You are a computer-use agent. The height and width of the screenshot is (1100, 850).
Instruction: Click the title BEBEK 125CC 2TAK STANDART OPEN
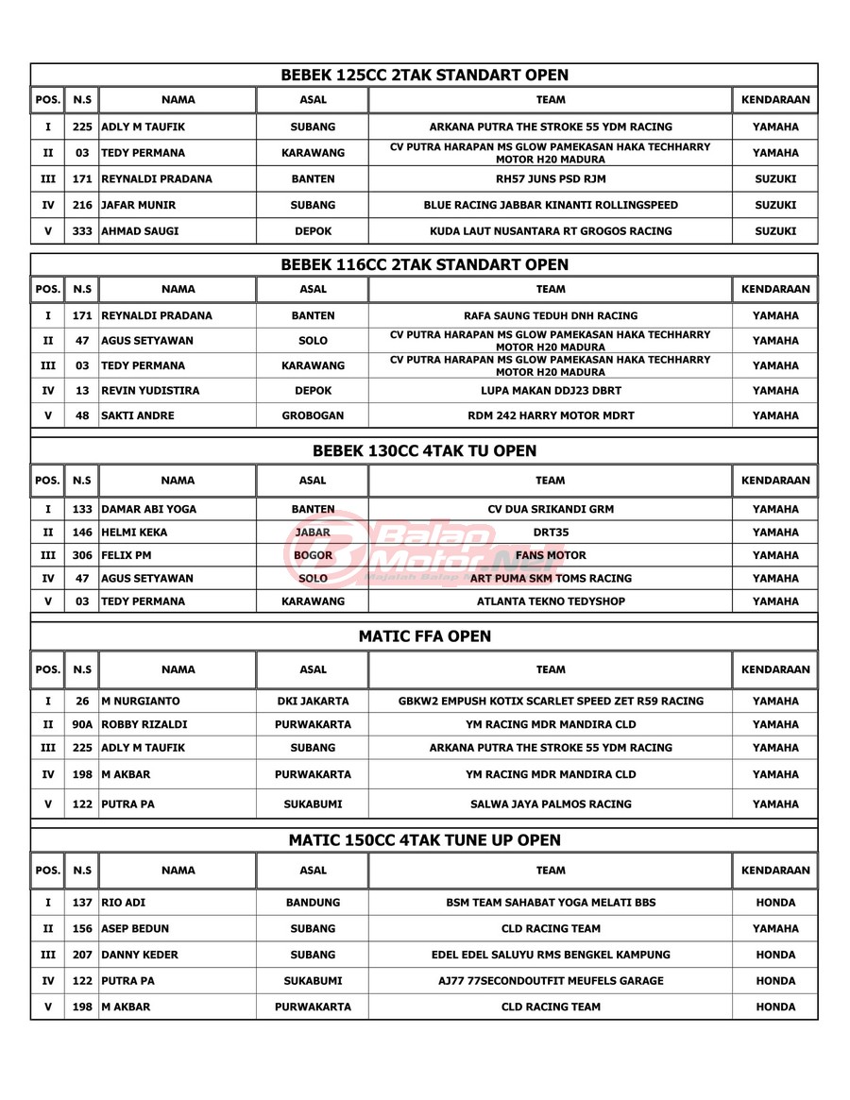click(425, 75)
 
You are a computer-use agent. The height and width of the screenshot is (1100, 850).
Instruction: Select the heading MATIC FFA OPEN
click(425, 636)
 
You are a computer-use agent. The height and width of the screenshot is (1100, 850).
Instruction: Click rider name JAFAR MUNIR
click(138, 205)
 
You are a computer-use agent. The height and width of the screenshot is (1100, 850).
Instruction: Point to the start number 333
click(83, 230)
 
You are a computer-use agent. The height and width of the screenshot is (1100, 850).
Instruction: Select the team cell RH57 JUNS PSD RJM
click(550, 178)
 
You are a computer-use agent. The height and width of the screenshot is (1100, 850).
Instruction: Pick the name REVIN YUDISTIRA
click(149, 390)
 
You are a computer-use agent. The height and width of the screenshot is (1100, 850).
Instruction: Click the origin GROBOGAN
click(313, 415)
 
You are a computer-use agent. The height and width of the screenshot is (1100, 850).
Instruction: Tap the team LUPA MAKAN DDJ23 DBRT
click(550, 390)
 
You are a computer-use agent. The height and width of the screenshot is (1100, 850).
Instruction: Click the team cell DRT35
click(550, 533)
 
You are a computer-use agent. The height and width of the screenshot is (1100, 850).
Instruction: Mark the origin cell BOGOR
click(313, 555)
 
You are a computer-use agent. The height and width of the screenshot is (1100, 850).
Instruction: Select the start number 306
click(83, 555)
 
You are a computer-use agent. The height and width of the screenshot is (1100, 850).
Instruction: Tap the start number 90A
click(83, 725)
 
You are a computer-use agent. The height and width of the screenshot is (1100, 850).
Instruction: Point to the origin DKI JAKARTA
click(313, 702)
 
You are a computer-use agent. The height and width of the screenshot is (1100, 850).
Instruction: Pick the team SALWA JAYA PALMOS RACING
click(550, 804)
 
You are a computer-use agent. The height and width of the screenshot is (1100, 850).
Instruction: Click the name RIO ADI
click(123, 903)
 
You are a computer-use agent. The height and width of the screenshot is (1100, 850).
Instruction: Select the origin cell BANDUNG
click(313, 903)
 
